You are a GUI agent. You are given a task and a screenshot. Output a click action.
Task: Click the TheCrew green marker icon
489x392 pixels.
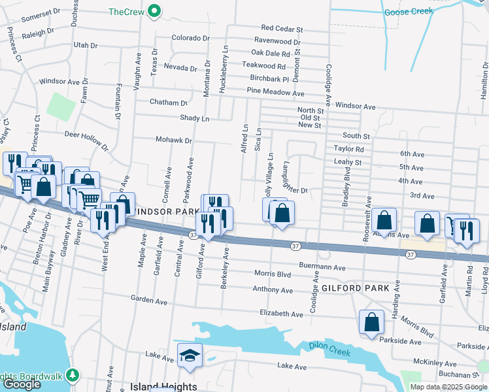pos(154,11)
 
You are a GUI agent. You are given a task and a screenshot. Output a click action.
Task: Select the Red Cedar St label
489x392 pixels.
pos(282,29)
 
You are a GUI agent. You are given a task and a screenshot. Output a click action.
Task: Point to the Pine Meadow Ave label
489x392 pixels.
pos(276,93)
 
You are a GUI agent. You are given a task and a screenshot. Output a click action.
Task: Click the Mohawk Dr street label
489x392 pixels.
pos(173,140)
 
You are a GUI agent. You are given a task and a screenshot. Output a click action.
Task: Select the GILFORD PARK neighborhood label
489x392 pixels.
pos(355,287)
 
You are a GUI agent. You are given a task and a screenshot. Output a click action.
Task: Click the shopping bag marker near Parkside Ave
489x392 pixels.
pos(371,322)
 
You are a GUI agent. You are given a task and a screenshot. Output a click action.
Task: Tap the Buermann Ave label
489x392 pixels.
pos(322,267)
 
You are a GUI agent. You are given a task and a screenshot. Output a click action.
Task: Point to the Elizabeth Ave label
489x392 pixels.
pos(281,314)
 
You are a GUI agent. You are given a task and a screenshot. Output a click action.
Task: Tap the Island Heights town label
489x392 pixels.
pos(163,386)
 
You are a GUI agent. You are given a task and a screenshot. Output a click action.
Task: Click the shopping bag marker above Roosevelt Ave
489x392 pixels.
pos(386,221)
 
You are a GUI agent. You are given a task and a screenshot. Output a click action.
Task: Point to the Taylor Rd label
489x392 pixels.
pos(348,149)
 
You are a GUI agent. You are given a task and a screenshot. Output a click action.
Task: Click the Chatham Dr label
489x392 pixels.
pos(168,103)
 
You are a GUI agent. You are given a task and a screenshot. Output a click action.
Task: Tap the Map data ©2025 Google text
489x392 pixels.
pos(448,387)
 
